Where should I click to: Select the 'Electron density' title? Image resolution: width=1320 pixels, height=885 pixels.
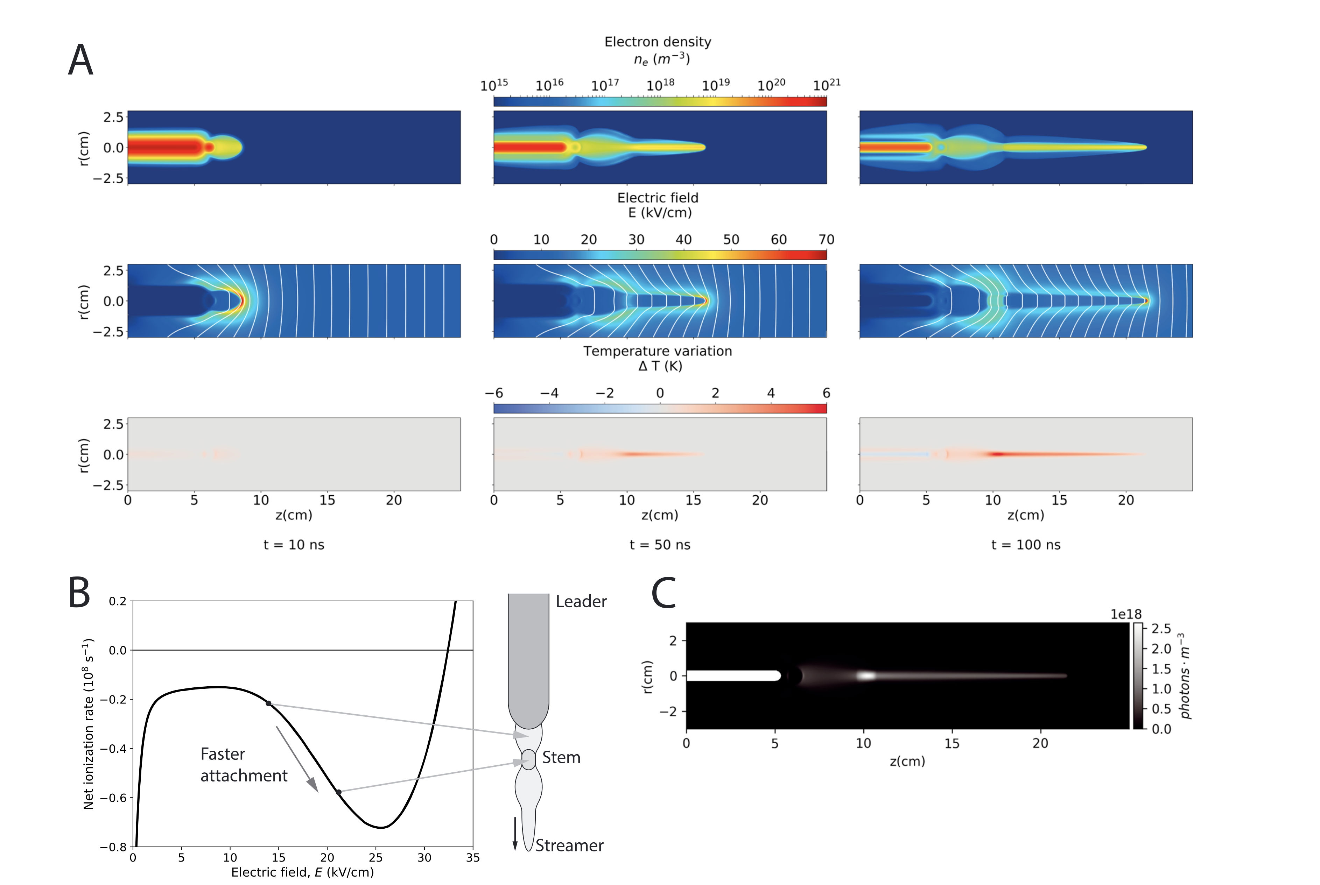(658, 42)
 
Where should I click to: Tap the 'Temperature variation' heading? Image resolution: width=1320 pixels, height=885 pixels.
(658, 351)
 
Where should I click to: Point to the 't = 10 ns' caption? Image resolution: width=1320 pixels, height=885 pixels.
(294, 545)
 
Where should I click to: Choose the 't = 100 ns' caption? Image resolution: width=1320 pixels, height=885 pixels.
(1026, 545)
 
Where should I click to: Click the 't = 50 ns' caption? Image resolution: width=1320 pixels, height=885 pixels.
(659, 545)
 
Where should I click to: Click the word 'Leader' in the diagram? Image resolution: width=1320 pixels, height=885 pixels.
(581, 602)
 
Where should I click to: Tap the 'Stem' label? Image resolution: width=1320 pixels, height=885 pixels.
(561, 757)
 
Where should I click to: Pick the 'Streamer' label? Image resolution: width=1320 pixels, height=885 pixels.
(569, 845)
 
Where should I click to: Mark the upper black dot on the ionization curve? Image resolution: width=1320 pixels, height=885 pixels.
(269, 703)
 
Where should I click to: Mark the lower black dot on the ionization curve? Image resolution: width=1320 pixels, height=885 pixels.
(339, 792)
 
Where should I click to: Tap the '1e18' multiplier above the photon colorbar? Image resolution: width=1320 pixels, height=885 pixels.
(1126, 614)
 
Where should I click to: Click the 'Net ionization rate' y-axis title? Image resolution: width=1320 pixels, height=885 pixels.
(89, 724)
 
